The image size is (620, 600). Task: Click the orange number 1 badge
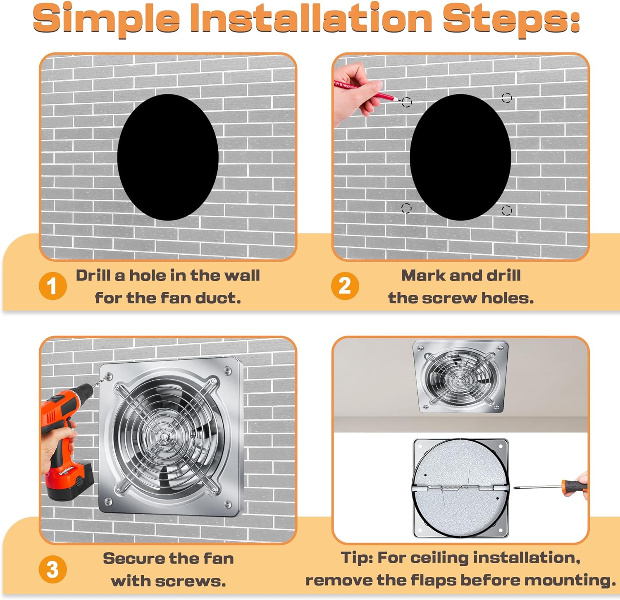[52, 286]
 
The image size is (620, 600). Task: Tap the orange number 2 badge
[345, 286]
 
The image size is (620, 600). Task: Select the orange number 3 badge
[52, 569]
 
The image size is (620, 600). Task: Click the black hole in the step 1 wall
[168, 157]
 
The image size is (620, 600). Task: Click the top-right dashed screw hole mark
[506, 98]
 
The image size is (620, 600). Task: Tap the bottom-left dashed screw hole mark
[406, 208]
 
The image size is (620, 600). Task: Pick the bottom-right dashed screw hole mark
[506, 210]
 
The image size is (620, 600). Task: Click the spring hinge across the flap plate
[461, 488]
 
